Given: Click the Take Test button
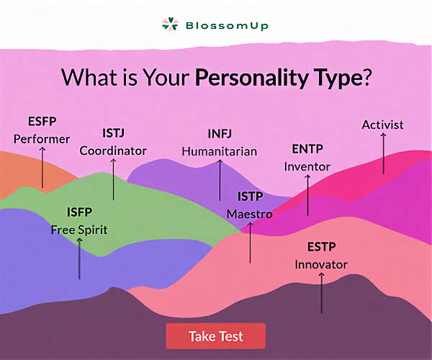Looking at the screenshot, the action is click(216, 336).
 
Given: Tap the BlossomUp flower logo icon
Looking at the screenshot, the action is click(170, 24).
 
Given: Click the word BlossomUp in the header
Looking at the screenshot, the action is click(227, 26).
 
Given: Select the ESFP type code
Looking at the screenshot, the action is click(42, 122).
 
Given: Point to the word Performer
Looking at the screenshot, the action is click(42, 139).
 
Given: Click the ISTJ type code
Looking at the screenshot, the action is click(113, 133).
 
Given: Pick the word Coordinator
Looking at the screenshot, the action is click(113, 150).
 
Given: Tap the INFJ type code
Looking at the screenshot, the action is click(220, 134).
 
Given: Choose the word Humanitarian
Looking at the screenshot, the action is click(220, 151).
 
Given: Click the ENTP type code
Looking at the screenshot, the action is click(307, 149).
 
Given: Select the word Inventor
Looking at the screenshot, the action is click(307, 166).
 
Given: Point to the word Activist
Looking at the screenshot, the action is click(382, 125).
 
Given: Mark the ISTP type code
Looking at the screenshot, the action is click(250, 197).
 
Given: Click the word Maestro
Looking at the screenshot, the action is click(250, 214).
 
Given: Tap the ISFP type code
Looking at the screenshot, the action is click(79, 212).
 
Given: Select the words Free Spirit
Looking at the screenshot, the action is click(79, 230).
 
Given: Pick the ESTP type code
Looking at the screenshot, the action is click(322, 247).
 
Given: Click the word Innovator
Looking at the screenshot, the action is click(321, 265).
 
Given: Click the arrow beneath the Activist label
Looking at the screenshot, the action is click(383, 153).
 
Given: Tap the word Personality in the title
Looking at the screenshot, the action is click(251, 77).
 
